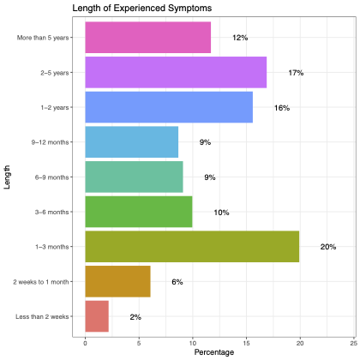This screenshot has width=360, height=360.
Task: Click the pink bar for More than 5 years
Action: tap(148, 38)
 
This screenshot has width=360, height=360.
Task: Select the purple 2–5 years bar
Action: tap(176, 72)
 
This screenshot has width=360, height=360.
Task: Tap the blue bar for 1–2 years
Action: tap(169, 107)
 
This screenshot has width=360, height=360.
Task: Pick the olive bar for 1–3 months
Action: tap(192, 247)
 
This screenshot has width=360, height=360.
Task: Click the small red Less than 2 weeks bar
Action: tap(97, 316)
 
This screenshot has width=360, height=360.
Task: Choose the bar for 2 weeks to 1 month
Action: tap(117, 281)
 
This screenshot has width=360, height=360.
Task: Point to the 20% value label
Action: tap(328, 247)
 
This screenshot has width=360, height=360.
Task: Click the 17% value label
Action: tap(296, 73)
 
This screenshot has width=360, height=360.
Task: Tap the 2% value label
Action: tap(135, 317)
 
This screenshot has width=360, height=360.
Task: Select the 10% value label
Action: tap(221, 213)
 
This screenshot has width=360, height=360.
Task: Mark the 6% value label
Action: tap(177, 282)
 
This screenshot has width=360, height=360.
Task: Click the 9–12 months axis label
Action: tap(51, 142)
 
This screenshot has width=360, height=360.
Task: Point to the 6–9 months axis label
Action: tap(52, 177)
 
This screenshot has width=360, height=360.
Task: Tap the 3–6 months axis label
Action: tap(52, 213)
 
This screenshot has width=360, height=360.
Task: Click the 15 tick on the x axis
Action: tap(246, 343)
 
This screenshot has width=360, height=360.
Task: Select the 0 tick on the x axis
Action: tap(85, 343)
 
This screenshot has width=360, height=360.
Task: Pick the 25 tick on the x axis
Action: tap(353, 343)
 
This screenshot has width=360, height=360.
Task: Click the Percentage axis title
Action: tap(214, 352)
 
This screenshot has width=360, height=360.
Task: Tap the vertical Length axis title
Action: tap(7, 177)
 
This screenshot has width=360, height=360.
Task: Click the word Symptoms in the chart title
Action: tap(190, 8)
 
